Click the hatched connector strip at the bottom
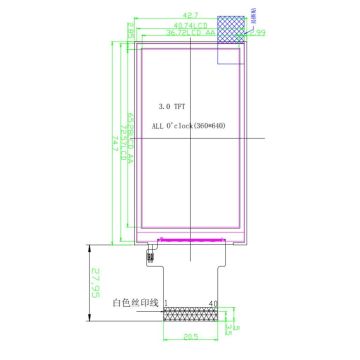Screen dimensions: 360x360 click(x=191, y=316)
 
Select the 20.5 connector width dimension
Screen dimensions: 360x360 click(x=191, y=336)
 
